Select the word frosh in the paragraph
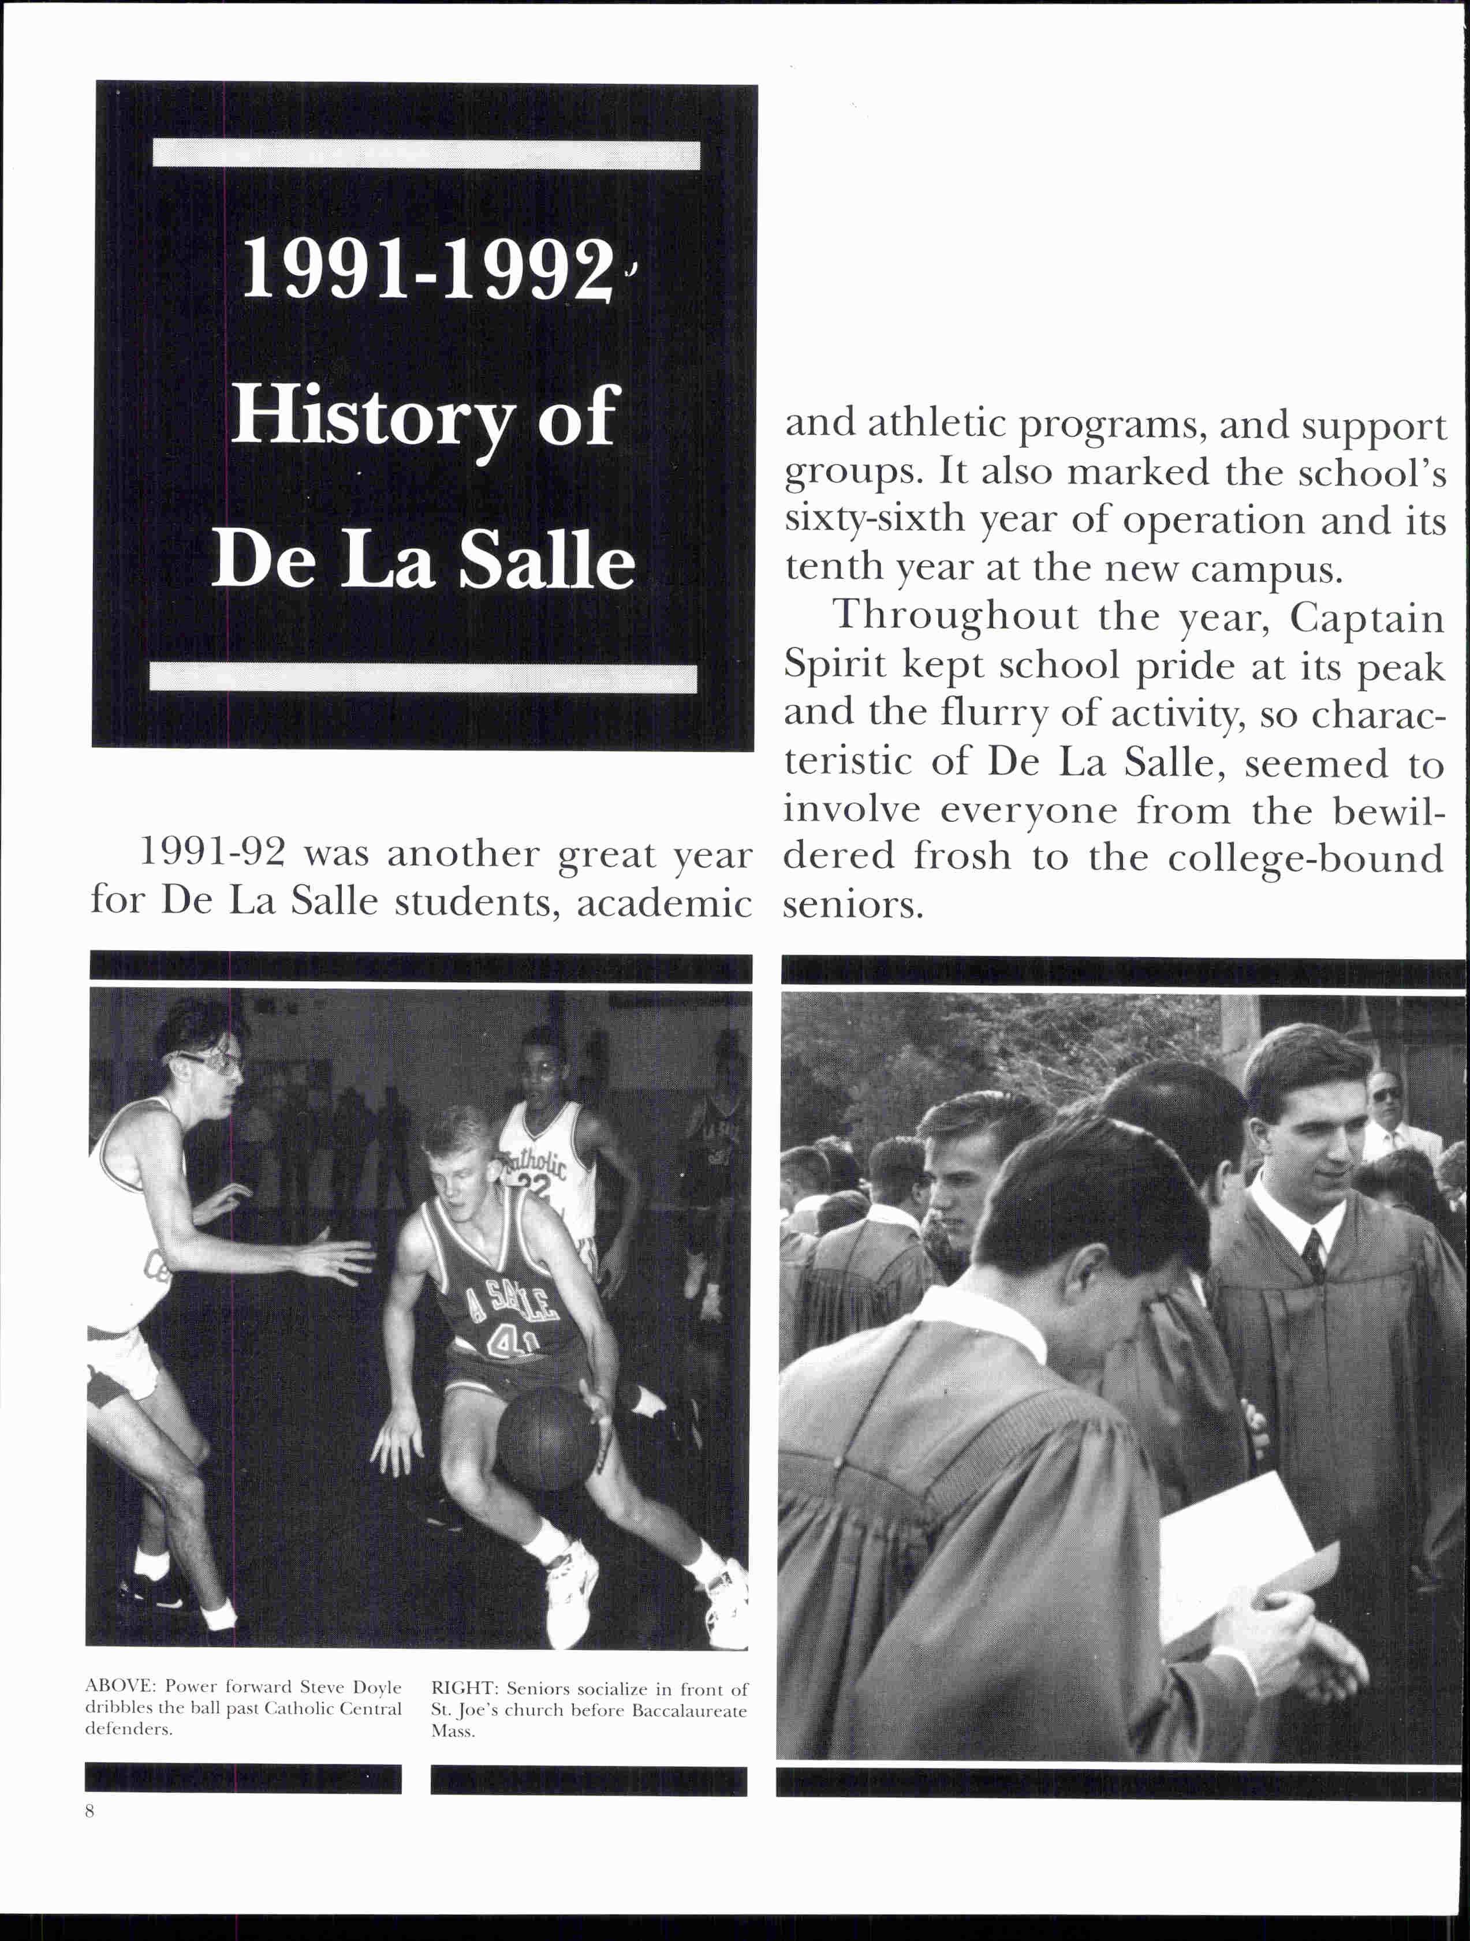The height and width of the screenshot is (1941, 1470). pyautogui.click(x=962, y=857)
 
